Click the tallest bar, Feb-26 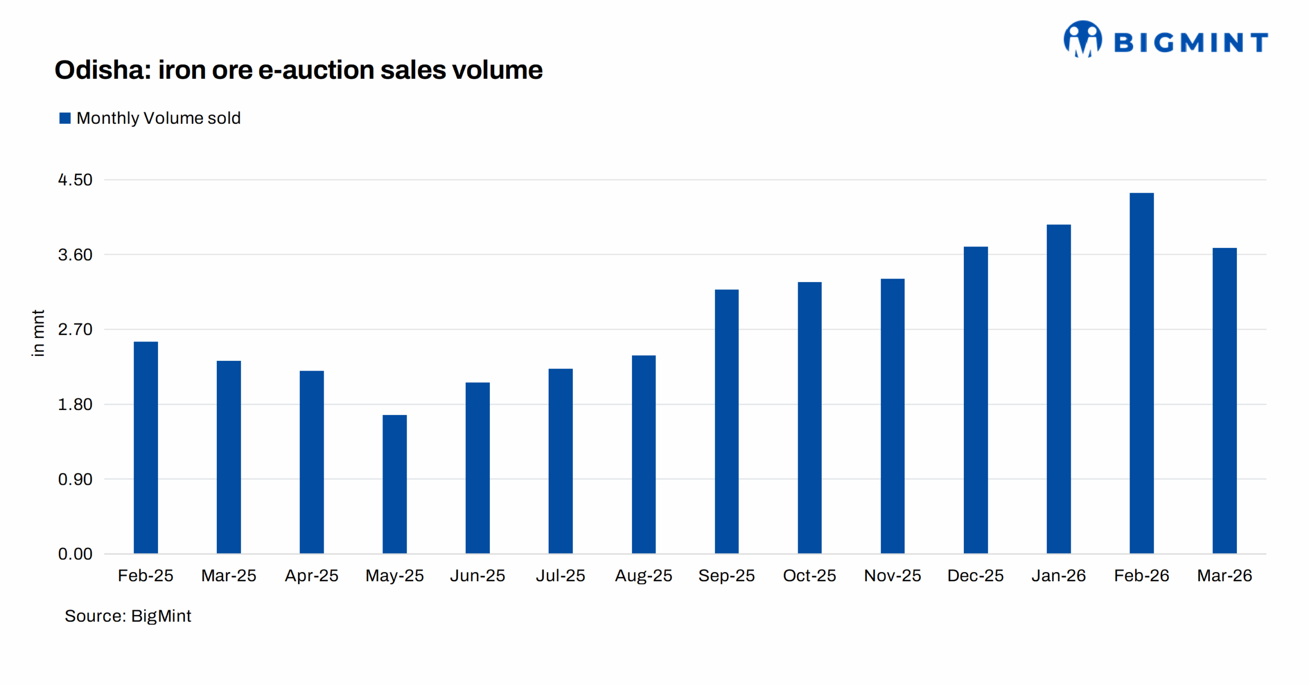tap(1141, 373)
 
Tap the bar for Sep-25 tap(726, 421)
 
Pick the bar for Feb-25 tap(146, 447)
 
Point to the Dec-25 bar tap(975, 400)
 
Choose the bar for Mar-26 tap(1224, 400)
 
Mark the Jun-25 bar tap(477, 468)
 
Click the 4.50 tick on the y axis tap(75, 180)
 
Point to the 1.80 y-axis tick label tap(75, 404)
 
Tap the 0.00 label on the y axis tap(75, 554)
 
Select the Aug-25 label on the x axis tap(643, 576)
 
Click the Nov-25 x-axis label tap(892, 576)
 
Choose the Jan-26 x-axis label tap(1058, 576)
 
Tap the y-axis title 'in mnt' tap(38, 333)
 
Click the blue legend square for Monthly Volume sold tap(65, 118)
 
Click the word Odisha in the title tap(102, 70)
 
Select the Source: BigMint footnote tap(128, 616)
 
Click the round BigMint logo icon tap(1082, 39)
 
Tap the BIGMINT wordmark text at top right tap(1191, 42)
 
